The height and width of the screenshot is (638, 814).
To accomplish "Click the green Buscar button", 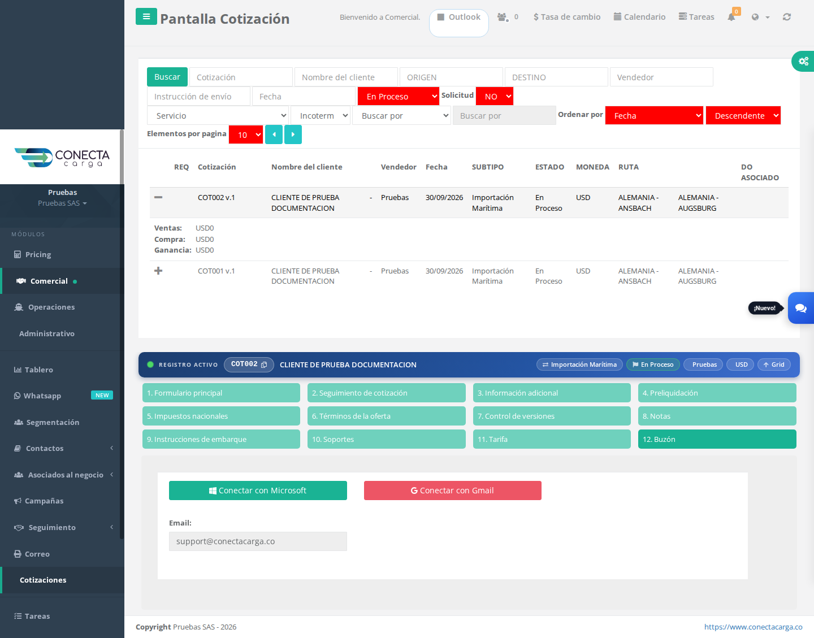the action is (167, 77).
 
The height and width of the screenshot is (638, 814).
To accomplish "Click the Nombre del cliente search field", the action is (346, 77).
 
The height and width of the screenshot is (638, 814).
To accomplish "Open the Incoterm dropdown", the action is (321, 116).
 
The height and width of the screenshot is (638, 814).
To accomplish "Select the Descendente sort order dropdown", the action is (743, 116).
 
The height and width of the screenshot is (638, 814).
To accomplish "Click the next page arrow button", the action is (293, 134).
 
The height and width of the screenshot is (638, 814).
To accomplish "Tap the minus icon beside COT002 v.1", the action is (158, 197).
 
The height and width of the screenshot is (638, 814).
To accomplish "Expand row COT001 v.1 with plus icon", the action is (158, 271).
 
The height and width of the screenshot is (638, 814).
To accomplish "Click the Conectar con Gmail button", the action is (453, 491).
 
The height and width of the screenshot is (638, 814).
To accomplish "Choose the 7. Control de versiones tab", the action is (552, 416).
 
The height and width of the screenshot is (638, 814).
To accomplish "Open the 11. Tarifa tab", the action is (552, 439).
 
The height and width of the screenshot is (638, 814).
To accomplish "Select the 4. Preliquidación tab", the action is (717, 393).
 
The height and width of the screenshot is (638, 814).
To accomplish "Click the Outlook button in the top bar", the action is (459, 17).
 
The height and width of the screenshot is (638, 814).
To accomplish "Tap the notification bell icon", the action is (731, 17).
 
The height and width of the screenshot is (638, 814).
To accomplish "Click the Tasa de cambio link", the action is (567, 17).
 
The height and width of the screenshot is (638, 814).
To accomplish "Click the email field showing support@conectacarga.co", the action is (258, 541).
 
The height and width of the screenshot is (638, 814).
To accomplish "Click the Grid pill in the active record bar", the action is (774, 364).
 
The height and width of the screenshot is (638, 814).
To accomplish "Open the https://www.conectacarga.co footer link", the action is (753, 627).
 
